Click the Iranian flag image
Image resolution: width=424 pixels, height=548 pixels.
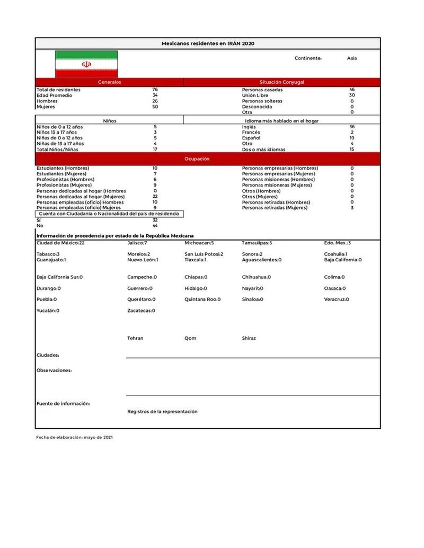(86, 64)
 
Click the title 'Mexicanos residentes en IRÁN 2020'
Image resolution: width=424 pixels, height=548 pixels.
(208, 43)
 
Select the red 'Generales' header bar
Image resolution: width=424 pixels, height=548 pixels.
(110, 82)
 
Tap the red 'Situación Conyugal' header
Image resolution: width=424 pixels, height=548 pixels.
(282, 82)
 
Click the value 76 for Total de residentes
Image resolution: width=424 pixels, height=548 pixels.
(155, 90)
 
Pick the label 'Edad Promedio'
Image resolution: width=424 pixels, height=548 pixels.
(54, 95)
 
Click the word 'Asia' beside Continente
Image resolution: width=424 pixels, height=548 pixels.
(352, 58)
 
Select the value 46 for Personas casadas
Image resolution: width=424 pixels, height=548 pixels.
(352, 90)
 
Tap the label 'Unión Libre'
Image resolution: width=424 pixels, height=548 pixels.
(255, 95)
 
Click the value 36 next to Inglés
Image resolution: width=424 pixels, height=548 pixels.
(352, 127)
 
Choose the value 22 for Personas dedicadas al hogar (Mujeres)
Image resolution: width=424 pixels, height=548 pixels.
(155, 197)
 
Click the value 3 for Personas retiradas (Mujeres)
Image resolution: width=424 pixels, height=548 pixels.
(352, 208)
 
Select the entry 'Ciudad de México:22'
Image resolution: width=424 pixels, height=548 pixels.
(60, 243)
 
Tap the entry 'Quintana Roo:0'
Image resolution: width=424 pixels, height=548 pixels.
(202, 299)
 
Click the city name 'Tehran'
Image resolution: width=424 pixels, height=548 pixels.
(135, 338)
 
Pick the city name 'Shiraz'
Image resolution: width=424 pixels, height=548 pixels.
(249, 338)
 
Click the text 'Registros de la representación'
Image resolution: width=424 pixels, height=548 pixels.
(162, 411)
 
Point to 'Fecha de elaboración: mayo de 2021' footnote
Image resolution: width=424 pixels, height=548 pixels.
(74, 437)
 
